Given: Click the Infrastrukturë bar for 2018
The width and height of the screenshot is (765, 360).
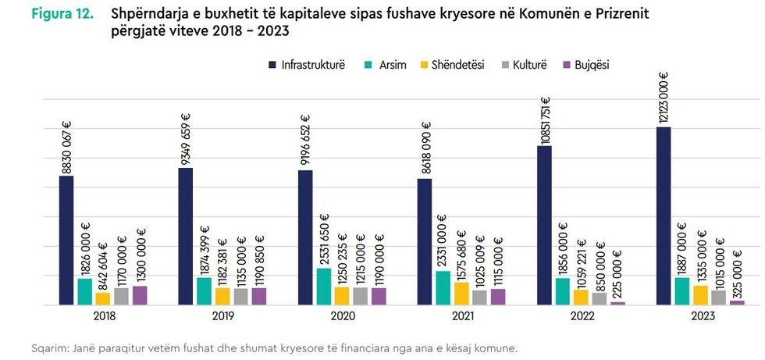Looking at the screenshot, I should [66, 240].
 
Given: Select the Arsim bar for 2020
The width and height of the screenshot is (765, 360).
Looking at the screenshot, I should [323, 286].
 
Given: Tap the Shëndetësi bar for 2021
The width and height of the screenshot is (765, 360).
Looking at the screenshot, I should [461, 293].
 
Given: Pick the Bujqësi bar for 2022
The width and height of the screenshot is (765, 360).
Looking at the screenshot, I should [618, 302].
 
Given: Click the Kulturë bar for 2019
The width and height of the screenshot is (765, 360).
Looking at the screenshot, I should [240, 296].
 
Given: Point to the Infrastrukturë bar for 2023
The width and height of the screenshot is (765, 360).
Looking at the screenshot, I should [663, 216].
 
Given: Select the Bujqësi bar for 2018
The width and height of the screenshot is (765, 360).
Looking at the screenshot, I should [140, 294].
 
